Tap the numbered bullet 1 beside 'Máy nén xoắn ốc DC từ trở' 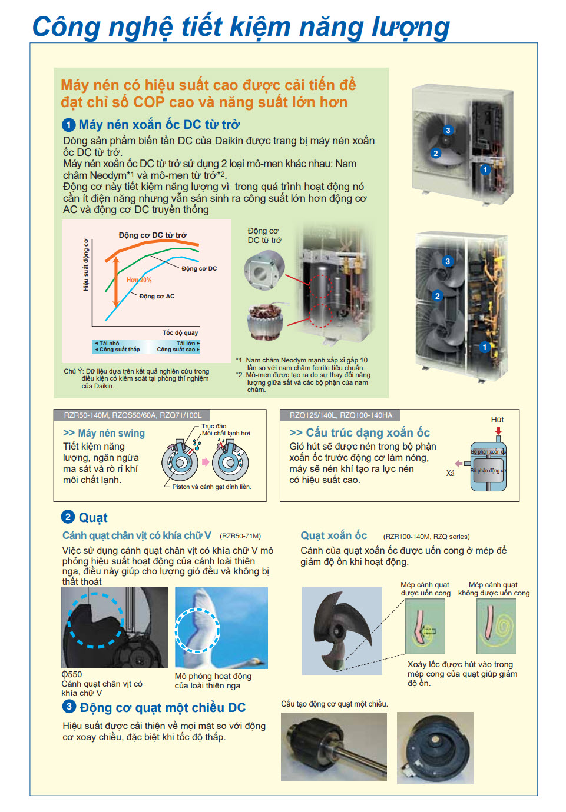(x=68, y=125)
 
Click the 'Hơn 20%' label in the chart (x=139, y=280)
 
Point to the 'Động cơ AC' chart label (x=157, y=297)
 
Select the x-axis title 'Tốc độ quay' (x=180, y=333)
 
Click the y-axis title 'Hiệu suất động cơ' (x=86, y=265)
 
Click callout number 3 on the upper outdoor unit (x=448, y=131)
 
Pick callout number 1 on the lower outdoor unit (x=485, y=347)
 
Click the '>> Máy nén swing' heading (x=104, y=433)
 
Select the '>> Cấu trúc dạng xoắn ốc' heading (x=359, y=432)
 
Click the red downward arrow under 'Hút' (x=498, y=431)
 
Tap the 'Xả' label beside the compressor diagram (x=451, y=473)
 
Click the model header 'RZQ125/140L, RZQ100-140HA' (x=340, y=415)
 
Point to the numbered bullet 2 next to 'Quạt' (x=68, y=517)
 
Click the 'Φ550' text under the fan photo (x=72, y=674)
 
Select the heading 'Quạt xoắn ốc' (x=333, y=535)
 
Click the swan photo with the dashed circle (x=221, y=627)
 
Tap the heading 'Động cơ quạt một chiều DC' (x=163, y=707)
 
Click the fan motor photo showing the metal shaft (x=333, y=747)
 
